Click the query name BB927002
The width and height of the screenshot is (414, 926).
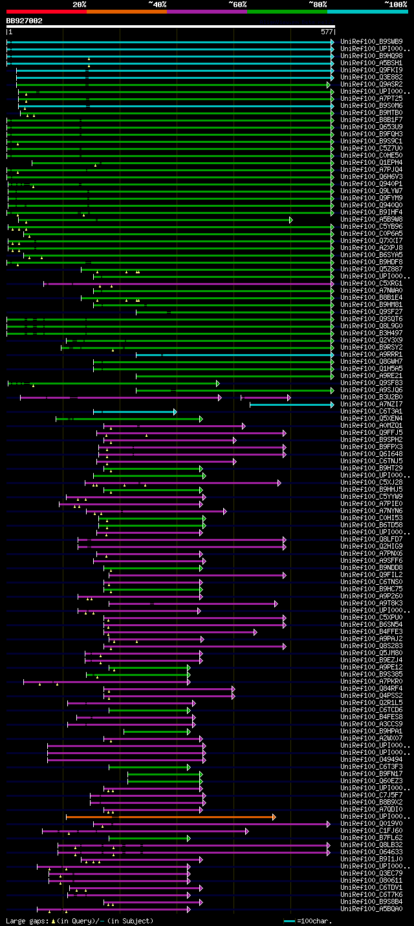tap(25, 21)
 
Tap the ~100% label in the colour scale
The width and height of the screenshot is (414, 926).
tap(395, 4)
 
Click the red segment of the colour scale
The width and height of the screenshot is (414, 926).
tap(46, 11)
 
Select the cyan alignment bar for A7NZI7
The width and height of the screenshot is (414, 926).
tap(291, 405)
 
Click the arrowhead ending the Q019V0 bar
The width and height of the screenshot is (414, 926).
tap(329, 824)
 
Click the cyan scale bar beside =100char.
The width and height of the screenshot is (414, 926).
tap(289, 921)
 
